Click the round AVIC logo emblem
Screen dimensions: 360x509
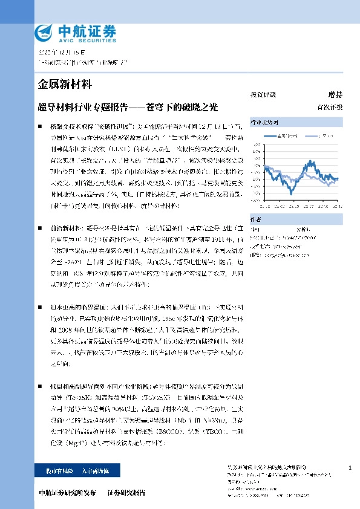click(x=43, y=31)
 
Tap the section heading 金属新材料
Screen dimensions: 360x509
click(x=65, y=84)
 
